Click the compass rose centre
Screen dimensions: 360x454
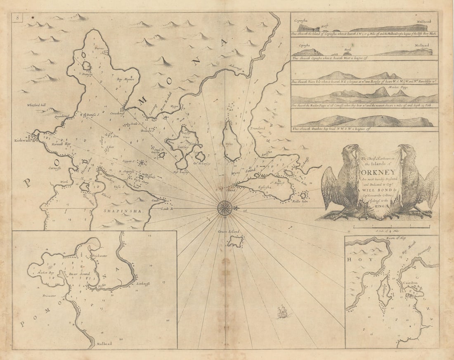coord(225,208)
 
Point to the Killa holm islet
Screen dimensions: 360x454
coord(304,196)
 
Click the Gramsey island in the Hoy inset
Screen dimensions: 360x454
coord(384,291)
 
